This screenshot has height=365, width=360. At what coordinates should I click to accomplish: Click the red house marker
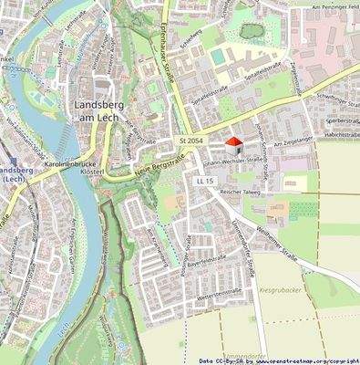234,144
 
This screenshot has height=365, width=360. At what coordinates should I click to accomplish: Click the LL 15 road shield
204,182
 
